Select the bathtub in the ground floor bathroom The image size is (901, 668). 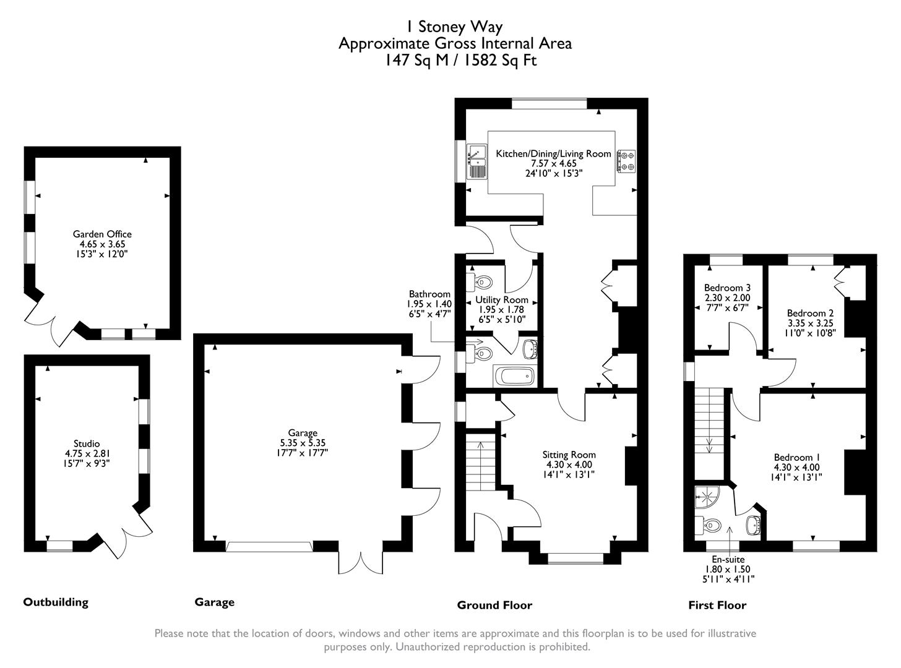click(x=514, y=375)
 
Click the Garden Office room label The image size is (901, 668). click(x=102, y=234)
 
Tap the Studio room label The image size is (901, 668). click(x=87, y=443)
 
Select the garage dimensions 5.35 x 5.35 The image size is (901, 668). click(x=303, y=443)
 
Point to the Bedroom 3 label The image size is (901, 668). click(x=727, y=288)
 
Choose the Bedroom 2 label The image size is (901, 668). click(x=811, y=313)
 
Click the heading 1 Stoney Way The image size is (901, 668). click(x=454, y=27)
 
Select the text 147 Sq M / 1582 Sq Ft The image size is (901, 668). click(x=454, y=60)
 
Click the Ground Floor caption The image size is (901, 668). click(x=494, y=605)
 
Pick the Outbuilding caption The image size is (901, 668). click(x=56, y=602)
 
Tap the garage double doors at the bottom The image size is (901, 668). click(x=361, y=560)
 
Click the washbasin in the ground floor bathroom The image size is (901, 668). click(x=530, y=349)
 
